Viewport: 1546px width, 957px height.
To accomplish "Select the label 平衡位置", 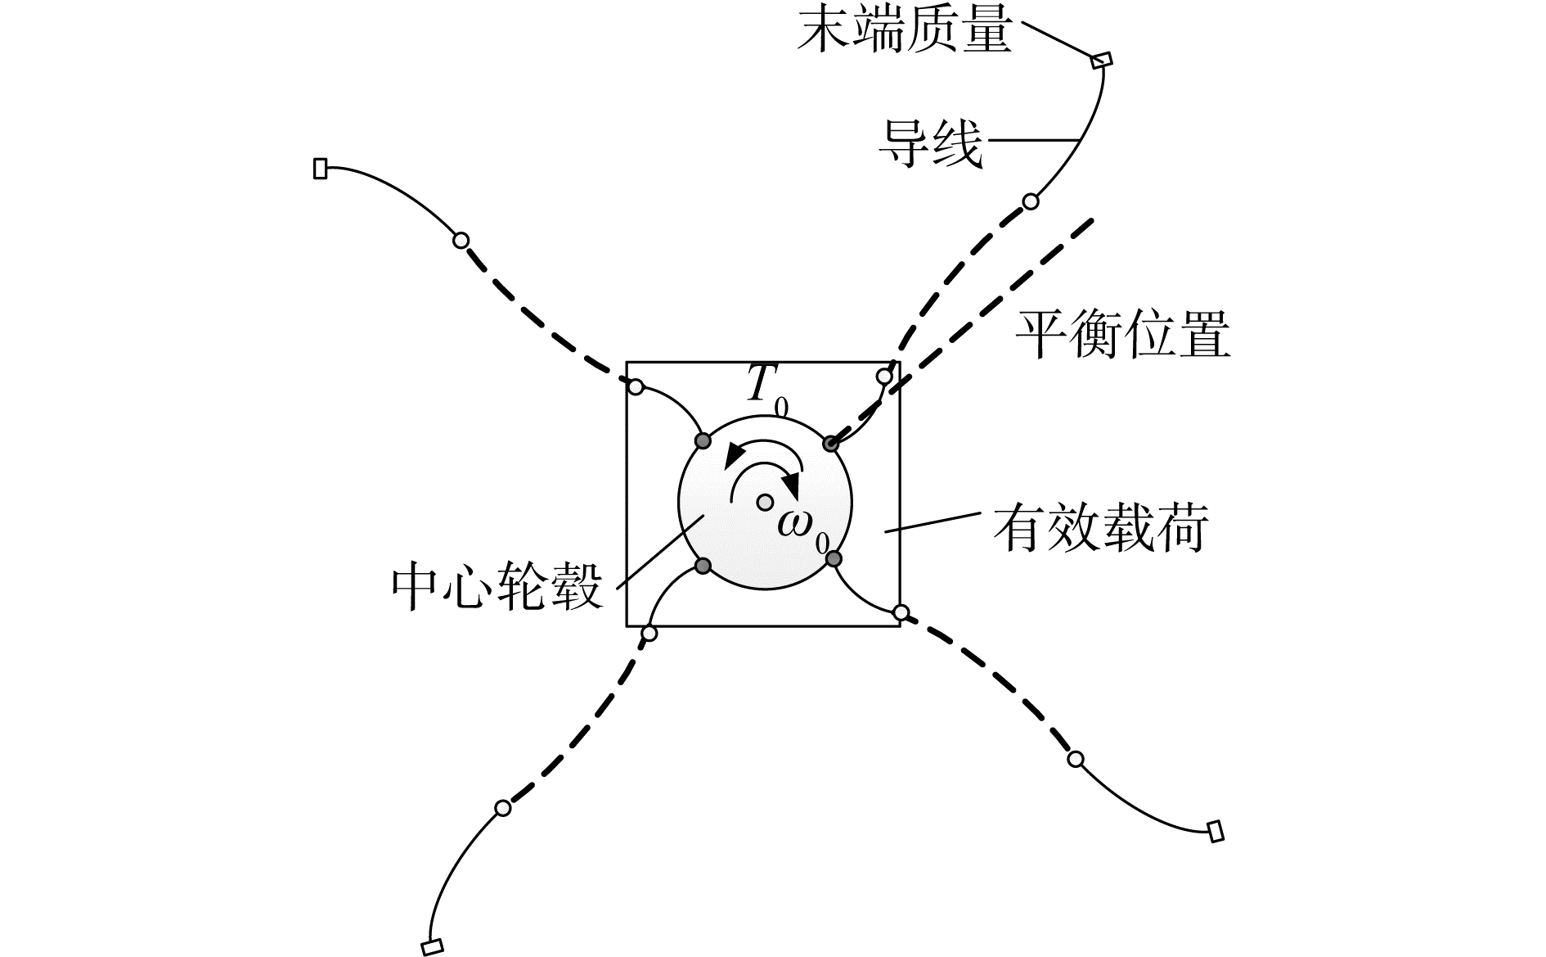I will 1122,335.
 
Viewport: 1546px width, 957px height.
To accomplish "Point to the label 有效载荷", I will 1100,528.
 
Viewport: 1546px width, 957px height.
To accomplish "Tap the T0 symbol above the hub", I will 766,387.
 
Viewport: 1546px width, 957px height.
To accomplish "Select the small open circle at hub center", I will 764,502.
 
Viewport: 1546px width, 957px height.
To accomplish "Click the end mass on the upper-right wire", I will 1102,60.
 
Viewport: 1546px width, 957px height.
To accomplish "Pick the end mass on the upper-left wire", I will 321,169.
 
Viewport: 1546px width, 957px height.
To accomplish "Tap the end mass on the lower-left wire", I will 432,946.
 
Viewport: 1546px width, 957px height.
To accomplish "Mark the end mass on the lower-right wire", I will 1216,831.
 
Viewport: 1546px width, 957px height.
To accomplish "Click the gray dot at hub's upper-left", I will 703,441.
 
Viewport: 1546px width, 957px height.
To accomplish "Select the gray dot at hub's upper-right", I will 830,444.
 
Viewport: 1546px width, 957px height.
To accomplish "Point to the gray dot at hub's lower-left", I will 703,565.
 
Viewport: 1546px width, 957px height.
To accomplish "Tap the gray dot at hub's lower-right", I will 833,558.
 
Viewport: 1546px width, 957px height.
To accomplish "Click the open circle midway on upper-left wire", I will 461,241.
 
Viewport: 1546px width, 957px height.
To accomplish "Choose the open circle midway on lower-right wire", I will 1076,759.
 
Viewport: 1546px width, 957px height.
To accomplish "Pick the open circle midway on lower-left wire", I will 503,808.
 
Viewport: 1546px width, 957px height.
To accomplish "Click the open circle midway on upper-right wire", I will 1031,201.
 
